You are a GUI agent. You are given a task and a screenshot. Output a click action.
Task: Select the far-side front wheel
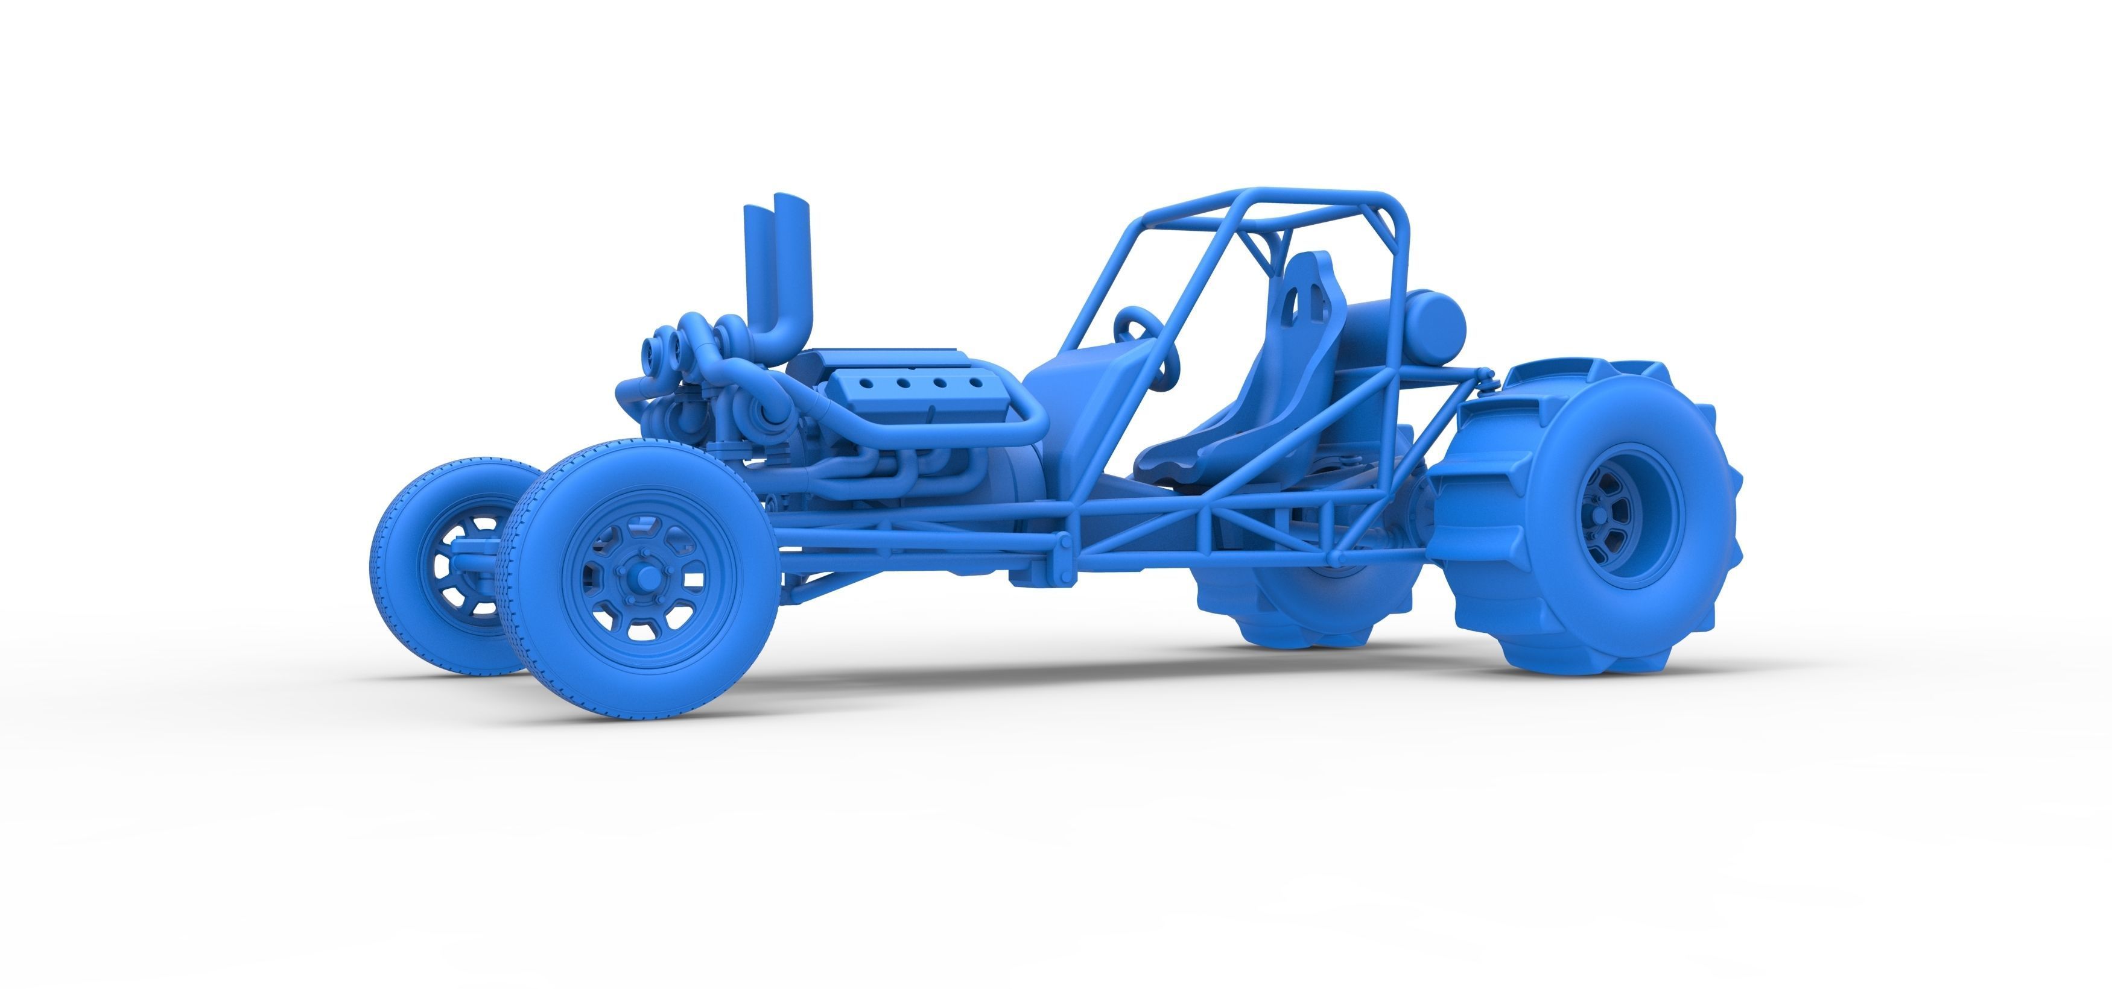[447, 565]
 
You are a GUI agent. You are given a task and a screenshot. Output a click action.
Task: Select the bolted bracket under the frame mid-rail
[1062, 547]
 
